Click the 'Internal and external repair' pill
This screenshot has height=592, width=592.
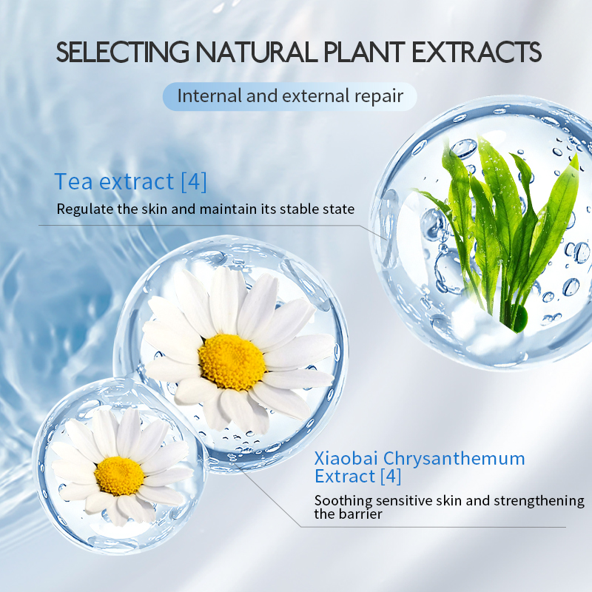[289, 96]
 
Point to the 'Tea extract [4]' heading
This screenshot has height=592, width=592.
[130, 181]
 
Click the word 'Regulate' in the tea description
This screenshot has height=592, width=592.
[84, 209]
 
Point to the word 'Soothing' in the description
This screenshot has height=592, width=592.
[342, 501]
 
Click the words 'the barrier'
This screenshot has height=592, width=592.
[348, 514]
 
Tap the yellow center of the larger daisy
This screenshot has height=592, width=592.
[232, 362]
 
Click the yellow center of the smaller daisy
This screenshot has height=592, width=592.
[118, 475]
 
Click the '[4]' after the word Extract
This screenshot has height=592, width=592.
[388, 477]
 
